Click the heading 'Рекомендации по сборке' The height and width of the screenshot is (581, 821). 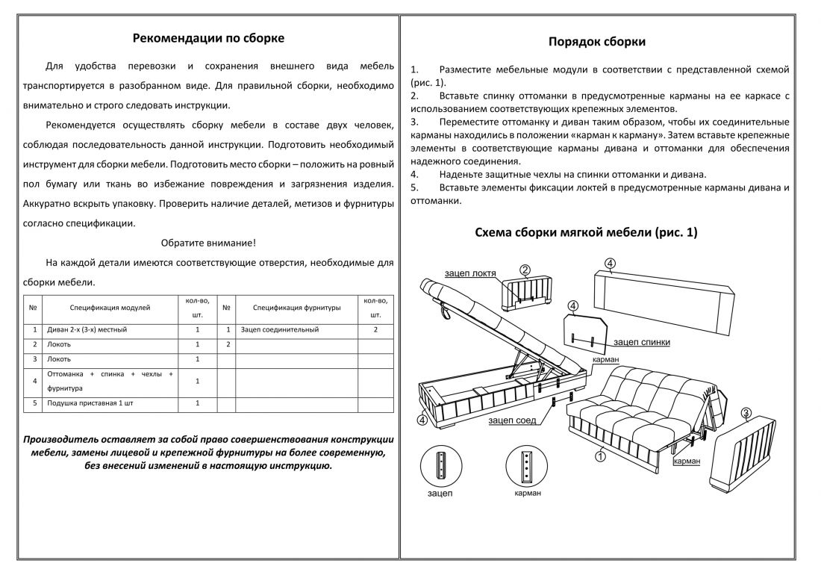[x=208, y=38]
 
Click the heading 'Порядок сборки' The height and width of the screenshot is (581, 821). [x=597, y=42]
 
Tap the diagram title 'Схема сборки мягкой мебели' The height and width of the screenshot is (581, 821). [x=586, y=233]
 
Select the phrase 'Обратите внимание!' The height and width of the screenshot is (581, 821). [x=208, y=243]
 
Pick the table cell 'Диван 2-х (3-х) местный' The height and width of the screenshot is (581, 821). [x=87, y=329]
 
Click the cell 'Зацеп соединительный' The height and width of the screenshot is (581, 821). [x=280, y=329]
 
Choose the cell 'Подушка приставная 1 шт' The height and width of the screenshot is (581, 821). [x=90, y=403]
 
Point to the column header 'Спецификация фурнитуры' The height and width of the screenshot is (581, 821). [x=296, y=307]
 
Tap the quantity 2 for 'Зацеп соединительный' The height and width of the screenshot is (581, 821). [x=375, y=329]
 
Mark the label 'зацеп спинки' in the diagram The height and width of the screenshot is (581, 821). [x=641, y=343]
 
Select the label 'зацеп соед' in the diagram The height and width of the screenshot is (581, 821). [x=512, y=421]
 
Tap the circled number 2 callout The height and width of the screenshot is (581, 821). [x=525, y=270]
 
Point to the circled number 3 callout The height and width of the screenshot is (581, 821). [x=746, y=413]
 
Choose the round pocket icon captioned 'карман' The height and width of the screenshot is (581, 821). [x=528, y=467]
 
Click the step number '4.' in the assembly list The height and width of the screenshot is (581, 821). [x=414, y=174]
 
